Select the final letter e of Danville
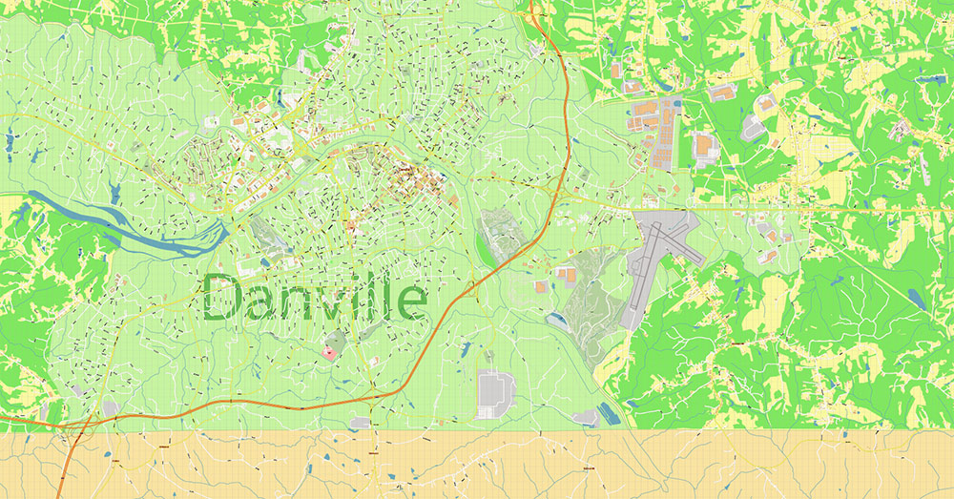pos(412,303)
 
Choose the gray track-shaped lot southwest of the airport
pos(494,392)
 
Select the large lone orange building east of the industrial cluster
pos(705,146)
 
